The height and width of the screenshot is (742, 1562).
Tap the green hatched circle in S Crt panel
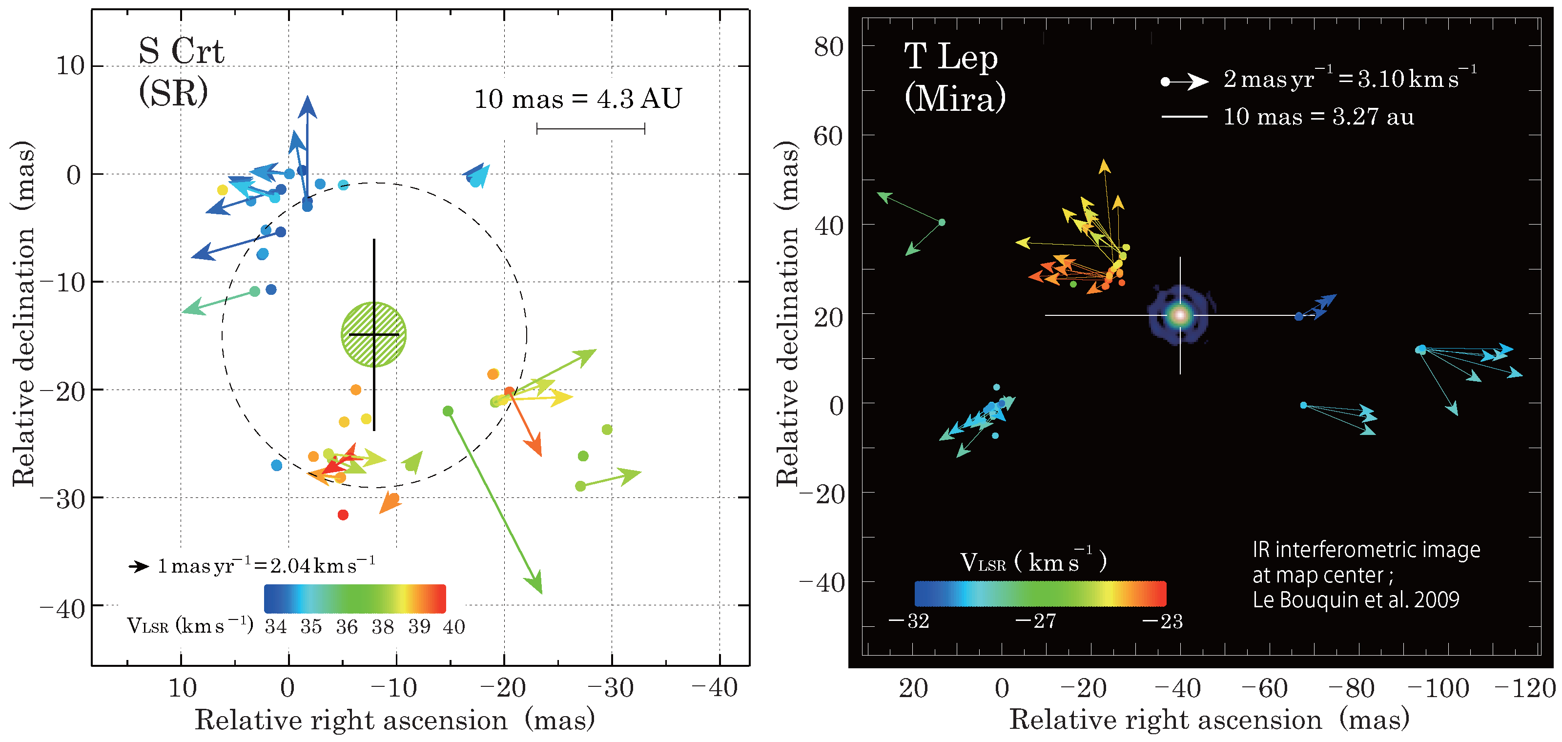point(373,334)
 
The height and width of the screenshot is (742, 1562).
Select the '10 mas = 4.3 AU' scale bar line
point(591,128)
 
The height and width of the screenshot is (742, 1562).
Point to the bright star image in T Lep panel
point(1180,315)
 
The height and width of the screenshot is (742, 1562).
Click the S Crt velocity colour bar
point(355,599)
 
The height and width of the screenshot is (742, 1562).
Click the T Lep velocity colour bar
point(1040,594)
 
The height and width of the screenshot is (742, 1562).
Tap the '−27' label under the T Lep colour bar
point(1036,621)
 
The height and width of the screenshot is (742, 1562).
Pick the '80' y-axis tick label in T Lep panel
point(828,47)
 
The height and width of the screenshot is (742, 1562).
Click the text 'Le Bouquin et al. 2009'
point(1356,600)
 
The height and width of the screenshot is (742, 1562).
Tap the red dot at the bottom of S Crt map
point(343,515)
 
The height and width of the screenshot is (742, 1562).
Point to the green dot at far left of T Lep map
point(942,223)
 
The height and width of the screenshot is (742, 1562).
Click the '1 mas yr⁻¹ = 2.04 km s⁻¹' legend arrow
point(139,566)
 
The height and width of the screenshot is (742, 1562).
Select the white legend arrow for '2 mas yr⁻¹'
point(1186,81)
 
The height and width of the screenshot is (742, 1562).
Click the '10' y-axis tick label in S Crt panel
point(70,65)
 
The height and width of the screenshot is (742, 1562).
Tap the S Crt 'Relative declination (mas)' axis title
point(23,314)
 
